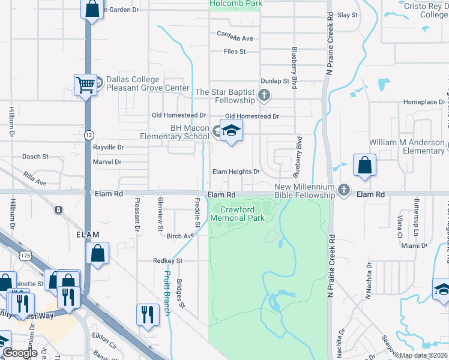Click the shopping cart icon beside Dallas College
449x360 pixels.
coord(86,85)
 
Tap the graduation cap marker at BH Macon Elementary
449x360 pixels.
coord(231,131)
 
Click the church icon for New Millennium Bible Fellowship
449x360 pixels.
coord(344,190)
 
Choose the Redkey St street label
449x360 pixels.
coord(167,261)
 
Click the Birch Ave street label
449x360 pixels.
coord(180,236)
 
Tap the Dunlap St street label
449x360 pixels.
coord(275,81)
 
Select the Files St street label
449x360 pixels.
coord(235,52)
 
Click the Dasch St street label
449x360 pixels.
coord(35,157)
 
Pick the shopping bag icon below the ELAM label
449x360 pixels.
coord(97,253)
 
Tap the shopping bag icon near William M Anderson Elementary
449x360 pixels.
coord(364,166)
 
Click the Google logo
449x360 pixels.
coord(20,353)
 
